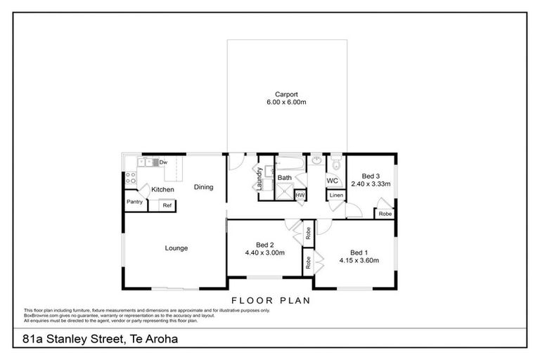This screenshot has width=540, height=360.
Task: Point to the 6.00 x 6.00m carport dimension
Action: pos(286,103)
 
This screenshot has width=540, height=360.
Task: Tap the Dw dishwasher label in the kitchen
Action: pos(162,162)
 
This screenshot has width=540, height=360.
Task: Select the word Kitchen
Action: pos(162,190)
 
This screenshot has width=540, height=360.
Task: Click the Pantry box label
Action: pos(135,202)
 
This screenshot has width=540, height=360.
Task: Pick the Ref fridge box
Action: pos(167,205)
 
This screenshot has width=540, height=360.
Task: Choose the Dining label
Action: pos(204,187)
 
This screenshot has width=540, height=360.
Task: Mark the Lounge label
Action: pos(176,247)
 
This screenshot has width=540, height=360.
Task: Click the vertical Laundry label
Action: pos(260,179)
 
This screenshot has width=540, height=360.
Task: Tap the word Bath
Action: pos(284,178)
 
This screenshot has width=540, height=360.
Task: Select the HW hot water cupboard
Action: pos(300,195)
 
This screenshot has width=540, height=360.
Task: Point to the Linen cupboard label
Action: pos(336,195)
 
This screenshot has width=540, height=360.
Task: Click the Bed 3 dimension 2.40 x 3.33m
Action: pos(371,184)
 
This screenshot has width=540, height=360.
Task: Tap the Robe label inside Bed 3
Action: pos(385,213)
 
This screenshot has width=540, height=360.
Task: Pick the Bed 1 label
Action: pos(359,252)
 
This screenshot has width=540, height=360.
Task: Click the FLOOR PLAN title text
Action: pos(270,300)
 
